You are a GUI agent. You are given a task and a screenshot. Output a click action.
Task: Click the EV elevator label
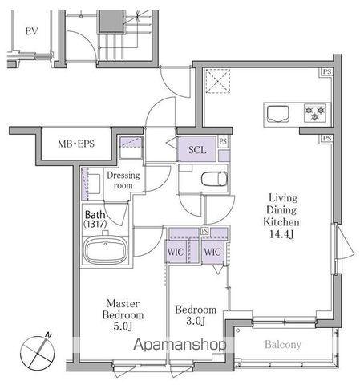(32, 31)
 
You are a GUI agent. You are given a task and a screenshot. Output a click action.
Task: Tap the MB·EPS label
(76, 144)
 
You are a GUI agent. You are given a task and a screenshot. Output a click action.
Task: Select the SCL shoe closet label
(197, 149)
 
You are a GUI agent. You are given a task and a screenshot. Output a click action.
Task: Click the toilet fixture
(214, 179)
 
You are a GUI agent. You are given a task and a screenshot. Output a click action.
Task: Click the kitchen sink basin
(278, 114)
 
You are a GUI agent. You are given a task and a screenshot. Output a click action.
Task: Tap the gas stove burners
(315, 113)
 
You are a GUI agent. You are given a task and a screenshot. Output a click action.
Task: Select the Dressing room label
(123, 180)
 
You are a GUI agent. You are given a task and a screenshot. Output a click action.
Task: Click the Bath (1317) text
(95, 219)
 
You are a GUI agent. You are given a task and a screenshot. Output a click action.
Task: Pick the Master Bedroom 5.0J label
(123, 314)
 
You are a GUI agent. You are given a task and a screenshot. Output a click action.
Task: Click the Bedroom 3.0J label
(196, 315)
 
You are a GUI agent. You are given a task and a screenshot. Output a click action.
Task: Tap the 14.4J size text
(281, 234)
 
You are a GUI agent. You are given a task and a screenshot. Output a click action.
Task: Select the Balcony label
(283, 344)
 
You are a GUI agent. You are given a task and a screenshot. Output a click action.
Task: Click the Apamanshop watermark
(180, 344)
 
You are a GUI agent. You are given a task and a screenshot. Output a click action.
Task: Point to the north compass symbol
(38, 353)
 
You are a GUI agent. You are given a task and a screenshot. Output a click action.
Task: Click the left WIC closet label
(176, 252)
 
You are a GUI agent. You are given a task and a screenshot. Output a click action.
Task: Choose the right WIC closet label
(212, 252)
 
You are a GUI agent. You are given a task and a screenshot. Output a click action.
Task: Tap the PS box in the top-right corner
(327, 72)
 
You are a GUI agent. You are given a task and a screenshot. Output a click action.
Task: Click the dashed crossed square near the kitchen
(218, 81)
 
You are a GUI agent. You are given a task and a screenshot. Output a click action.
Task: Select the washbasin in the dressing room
(92, 184)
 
